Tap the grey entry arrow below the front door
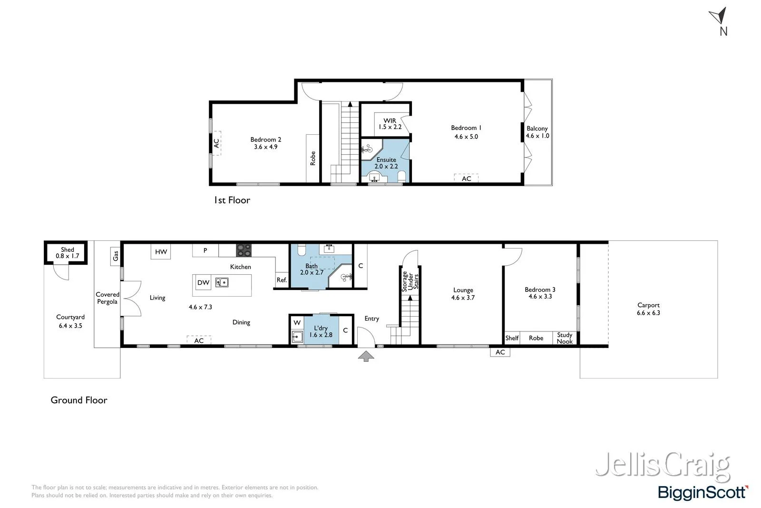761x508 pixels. [x=365, y=356]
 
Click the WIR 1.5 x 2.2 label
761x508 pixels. [x=390, y=124]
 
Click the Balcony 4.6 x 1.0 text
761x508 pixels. [x=537, y=132]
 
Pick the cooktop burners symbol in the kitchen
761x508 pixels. [x=244, y=250]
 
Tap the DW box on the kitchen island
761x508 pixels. [x=203, y=282]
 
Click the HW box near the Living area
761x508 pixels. [x=161, y=251]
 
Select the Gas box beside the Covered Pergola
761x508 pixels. [x=115, y=256]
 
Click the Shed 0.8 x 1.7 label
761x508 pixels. [x=67, y=252]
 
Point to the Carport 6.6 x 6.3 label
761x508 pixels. [x=648, y=309]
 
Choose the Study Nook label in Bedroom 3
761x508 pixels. [x=565, y=338]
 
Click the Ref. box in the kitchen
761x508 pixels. [x=282, y=280]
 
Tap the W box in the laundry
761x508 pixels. [x=297, y=322]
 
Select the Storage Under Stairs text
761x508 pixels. [x=410, y=281]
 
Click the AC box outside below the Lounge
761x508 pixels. [x=500, y=352]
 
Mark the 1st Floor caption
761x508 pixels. [x=232, y=200]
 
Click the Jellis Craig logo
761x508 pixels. [x=662, y=465]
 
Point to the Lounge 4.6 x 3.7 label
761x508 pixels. [x=463, y=293]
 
